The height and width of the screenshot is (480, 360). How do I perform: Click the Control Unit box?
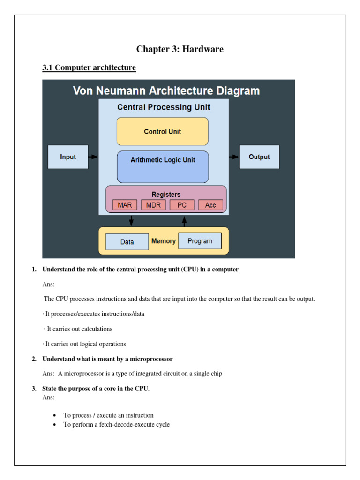coord(162,132)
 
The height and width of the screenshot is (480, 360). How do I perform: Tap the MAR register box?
coord(125,205)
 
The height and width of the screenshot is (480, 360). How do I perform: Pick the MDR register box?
coord(153,205)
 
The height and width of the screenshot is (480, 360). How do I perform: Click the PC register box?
coord(182,205)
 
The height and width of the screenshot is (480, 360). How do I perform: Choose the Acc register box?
coord(210,205)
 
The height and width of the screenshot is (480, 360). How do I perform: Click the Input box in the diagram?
coord(68,157)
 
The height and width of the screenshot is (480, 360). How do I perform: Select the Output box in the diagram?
coord(259,157)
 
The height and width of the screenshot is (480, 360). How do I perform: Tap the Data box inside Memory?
coord(127,242)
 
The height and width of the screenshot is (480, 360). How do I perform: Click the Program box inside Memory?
coord(200,241)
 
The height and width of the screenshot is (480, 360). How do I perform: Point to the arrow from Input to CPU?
coord(93,157)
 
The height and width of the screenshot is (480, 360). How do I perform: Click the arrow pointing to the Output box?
coord(234,157)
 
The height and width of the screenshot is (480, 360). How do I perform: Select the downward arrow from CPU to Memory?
coord(131,220)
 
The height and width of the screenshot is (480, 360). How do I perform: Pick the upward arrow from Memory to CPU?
coord(184,220)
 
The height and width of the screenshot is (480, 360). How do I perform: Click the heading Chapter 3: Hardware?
coord(180,49)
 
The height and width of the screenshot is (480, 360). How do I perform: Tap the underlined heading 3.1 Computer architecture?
coord(89,67)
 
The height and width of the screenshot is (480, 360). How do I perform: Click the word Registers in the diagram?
coord(166,194)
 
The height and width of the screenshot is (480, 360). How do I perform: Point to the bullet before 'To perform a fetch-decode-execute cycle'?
coord(56,425)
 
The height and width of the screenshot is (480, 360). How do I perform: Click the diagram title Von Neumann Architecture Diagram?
coord(166,90)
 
